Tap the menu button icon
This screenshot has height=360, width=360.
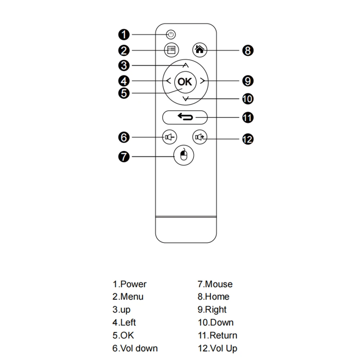point(171,50)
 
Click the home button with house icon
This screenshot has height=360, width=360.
point(200,50)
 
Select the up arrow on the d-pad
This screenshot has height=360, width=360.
point(185,65)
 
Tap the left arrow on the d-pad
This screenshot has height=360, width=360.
point(168,81)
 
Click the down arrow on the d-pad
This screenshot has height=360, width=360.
point(185,98)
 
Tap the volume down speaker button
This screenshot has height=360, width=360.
point(170,137)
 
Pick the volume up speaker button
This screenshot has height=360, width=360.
point(200,137)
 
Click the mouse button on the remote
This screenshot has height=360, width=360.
point(184,156)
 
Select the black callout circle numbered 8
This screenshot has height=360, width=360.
point(248,50)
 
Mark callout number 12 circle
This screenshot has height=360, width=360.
point(248,139)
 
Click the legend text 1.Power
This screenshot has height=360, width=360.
point(130,284)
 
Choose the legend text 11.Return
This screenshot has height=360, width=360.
point(217,336)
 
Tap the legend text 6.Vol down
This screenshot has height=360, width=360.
point(135,348)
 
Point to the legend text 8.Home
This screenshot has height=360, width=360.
point(213,297)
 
